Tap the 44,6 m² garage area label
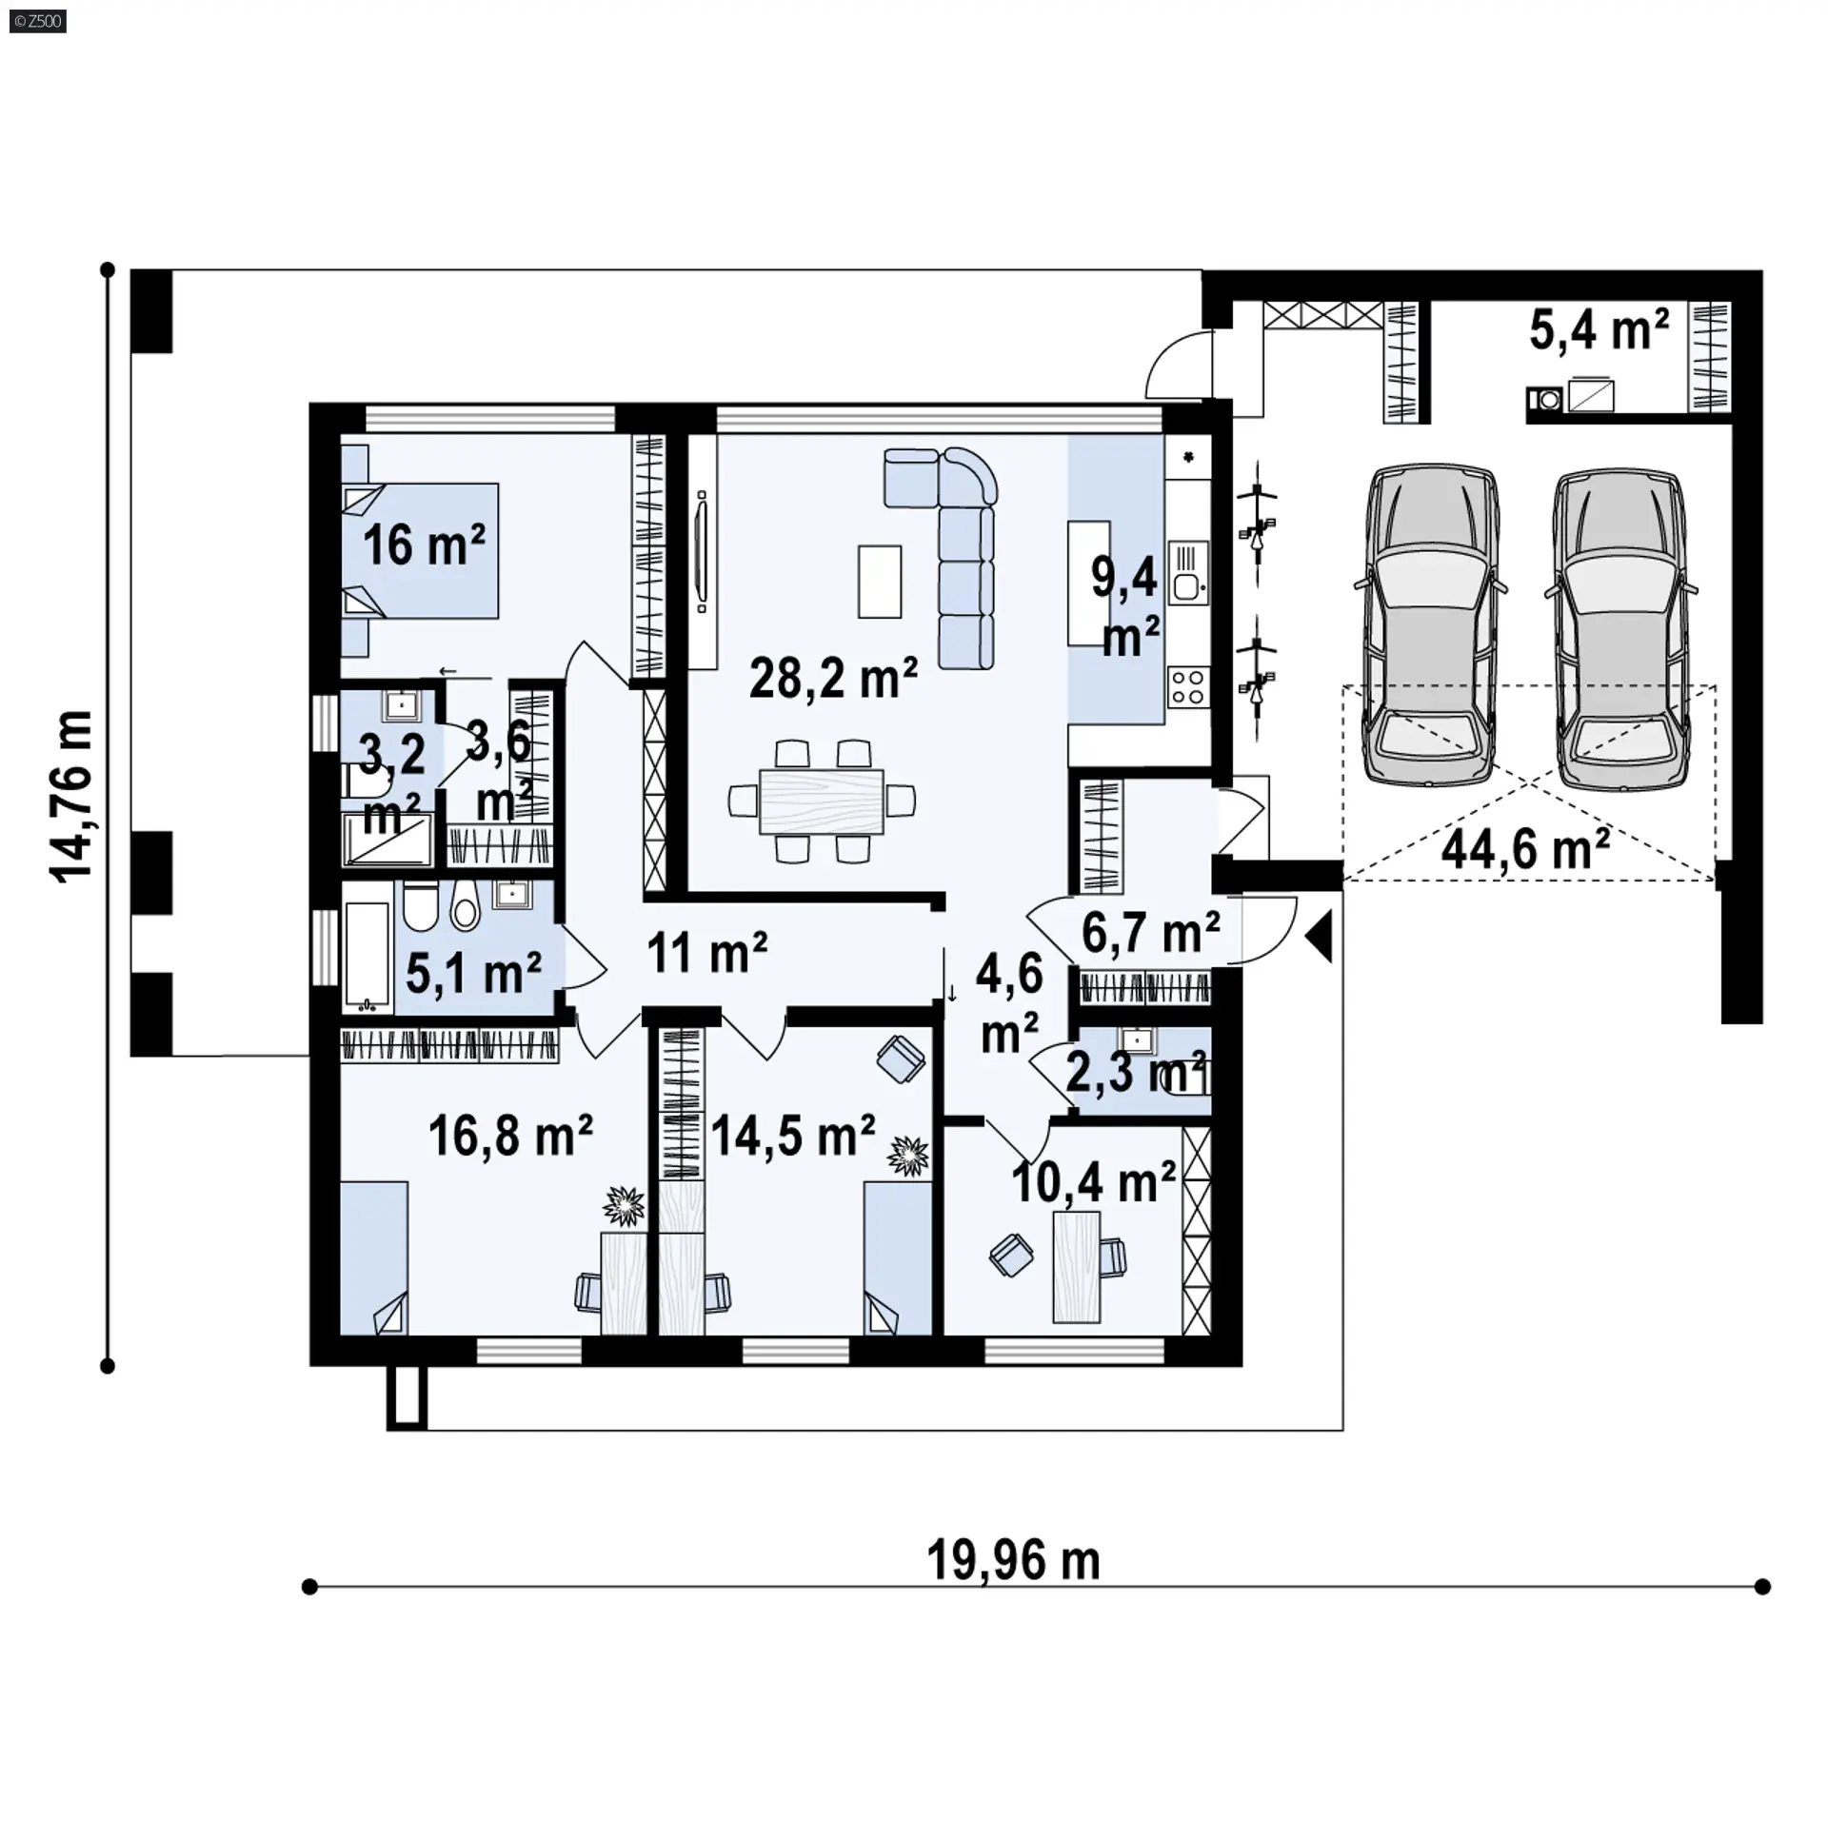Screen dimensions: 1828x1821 pos(1525,848)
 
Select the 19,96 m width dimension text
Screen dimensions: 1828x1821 pos(1013,1560)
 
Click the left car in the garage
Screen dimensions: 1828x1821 pos(1431,625)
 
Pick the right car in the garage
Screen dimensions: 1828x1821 pos(1619,627)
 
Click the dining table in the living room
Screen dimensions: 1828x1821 pos(822,802)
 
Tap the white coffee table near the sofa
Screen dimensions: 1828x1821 pos(879,581)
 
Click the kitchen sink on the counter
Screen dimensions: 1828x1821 pos(1187,573)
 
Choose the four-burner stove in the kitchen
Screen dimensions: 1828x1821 pos(1187,687)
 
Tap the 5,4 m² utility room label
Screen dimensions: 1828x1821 pos(1599,330)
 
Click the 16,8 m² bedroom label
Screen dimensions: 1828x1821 pos(510,1135)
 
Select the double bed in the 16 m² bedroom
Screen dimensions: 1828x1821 pos(420,551)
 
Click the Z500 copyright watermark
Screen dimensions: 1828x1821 pos(38,21)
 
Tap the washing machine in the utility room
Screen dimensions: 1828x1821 pos(1544,400)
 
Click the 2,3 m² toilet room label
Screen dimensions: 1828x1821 pos(1136,1072)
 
